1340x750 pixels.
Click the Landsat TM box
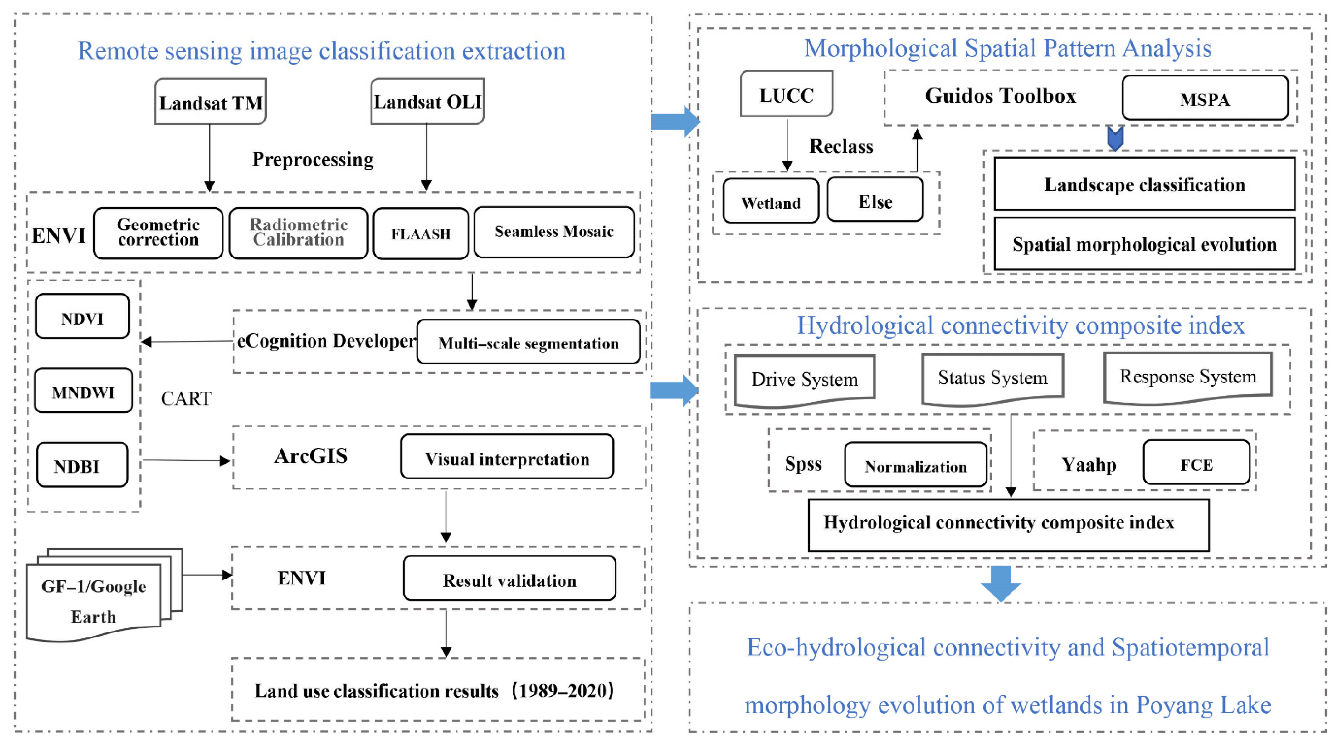[x=211, y=102]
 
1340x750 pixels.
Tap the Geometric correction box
[x=158, y=233]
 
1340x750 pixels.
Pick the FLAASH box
[x=421, y=234]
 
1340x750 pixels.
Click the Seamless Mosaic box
[x=554, y=232]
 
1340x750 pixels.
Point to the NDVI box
[x=82, y=317]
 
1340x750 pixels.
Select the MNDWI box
[x=83, y=391]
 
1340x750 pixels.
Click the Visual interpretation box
[x=507, y=457]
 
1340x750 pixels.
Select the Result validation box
[x=509, y=579]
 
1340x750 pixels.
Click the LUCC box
[x=786, y=94]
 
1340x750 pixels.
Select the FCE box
[x=1196, y=463]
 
